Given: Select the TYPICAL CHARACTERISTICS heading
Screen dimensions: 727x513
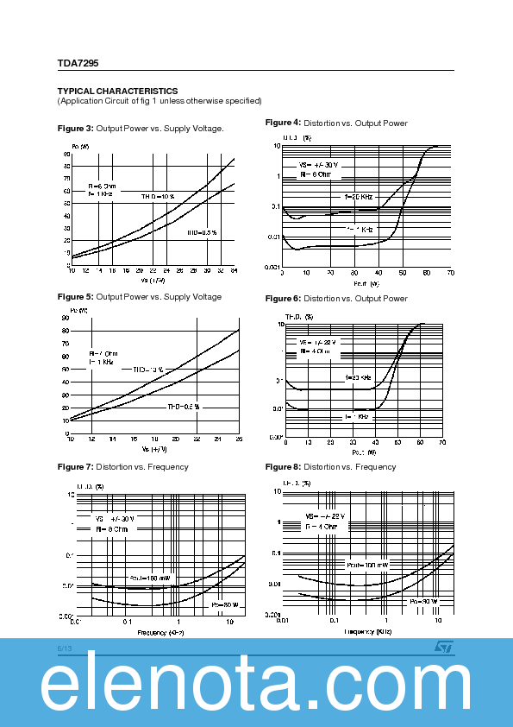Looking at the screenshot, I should pos(117,91).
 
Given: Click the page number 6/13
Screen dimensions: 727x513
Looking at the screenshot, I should pos(66,647).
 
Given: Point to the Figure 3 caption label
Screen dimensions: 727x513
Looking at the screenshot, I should pos(75,129).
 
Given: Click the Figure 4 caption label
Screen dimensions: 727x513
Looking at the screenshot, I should pos(283,123).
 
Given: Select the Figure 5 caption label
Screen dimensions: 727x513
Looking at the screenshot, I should pos(75,297).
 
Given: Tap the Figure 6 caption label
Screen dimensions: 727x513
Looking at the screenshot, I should pos(283,299).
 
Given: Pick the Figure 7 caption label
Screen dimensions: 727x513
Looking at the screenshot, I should pos(75,467).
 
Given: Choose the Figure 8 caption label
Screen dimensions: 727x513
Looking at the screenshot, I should pos(283,467).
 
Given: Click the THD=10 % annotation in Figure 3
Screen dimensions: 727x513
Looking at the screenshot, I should pos(158,197).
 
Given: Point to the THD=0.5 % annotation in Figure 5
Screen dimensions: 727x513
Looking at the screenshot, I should pos(183,406).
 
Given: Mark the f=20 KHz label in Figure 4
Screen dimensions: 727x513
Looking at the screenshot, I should pos(359,197).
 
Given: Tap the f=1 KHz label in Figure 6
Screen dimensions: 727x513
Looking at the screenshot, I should pos(357,416).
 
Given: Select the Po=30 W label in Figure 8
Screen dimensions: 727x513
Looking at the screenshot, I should pos(423,601).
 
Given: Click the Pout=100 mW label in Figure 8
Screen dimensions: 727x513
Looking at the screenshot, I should pos(367,565).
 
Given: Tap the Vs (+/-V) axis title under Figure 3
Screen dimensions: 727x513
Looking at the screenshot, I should pos(153,280).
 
